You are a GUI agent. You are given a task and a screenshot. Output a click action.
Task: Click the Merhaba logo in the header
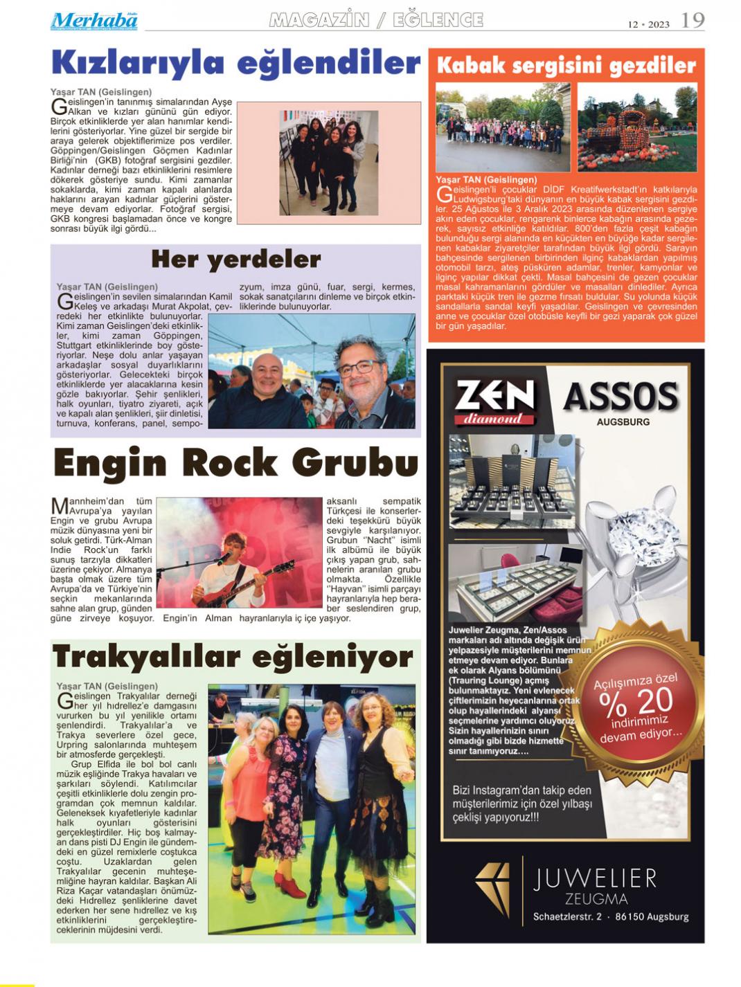[x=93, y=21]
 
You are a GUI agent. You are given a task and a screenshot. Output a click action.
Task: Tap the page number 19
[x=692, y=20]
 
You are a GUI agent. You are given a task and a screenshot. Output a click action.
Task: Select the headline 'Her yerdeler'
[x=235, y=260]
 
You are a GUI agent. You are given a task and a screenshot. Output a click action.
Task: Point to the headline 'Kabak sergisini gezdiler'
[x=566, y=66]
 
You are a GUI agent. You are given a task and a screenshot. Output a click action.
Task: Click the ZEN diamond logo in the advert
[x=495, y=401]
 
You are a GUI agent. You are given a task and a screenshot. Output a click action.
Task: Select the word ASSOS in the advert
[x=621, y=397]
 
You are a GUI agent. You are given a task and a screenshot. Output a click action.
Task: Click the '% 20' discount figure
[x=636, y=703]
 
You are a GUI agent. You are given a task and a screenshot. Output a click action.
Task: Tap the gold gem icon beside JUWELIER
[x=492, y=890]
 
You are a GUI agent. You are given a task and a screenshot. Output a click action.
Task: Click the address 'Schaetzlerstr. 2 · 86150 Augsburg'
[x=610, y=916]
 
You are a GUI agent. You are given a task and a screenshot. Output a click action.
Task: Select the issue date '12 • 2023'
[x=648, y=24]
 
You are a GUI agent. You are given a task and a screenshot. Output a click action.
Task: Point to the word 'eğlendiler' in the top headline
[x=328, y=64]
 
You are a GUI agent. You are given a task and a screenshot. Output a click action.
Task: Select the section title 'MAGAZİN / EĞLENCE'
[x=376, y=20]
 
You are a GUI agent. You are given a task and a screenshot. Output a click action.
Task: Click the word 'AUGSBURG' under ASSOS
[x=623, y=422]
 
